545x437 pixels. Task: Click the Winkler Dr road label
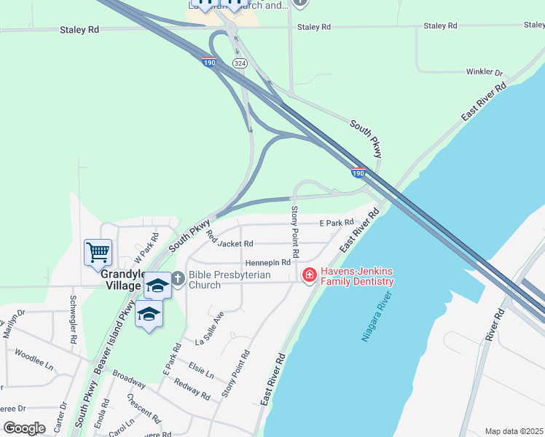(x=485, y=73)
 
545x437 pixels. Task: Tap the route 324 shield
(x=240, y=64)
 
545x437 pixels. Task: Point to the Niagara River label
(x=376, y=318)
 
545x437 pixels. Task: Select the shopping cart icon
(x=98, y=253)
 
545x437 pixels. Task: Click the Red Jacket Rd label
(x=230, y=238)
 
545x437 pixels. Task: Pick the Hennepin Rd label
(x=268, y=262)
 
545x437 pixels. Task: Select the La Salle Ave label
(x=210, y=330)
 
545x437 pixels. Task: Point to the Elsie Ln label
(x=200, y=369)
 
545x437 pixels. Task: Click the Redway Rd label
(x=192, y=390)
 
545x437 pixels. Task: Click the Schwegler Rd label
(x=73, y=320)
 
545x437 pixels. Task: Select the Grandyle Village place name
(x=120, y=280)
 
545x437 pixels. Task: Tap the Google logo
(x=25, y=428)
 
